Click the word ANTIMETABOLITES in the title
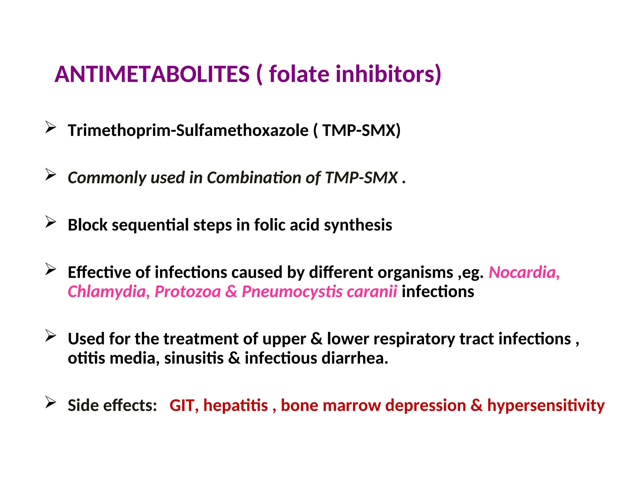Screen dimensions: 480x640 (x=152, y=74)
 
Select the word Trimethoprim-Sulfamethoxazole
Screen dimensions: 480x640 (x=188, y=130)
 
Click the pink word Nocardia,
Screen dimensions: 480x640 (x=524, y=272)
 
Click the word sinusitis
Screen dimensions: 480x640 (x=194, y=358)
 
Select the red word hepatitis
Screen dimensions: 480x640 (x=236, y=406)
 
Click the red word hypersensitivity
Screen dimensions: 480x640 (x=546, y=406)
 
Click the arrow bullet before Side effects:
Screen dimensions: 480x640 (x=51, y=402)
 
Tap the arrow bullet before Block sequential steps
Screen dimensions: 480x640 (x=51, y=222)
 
